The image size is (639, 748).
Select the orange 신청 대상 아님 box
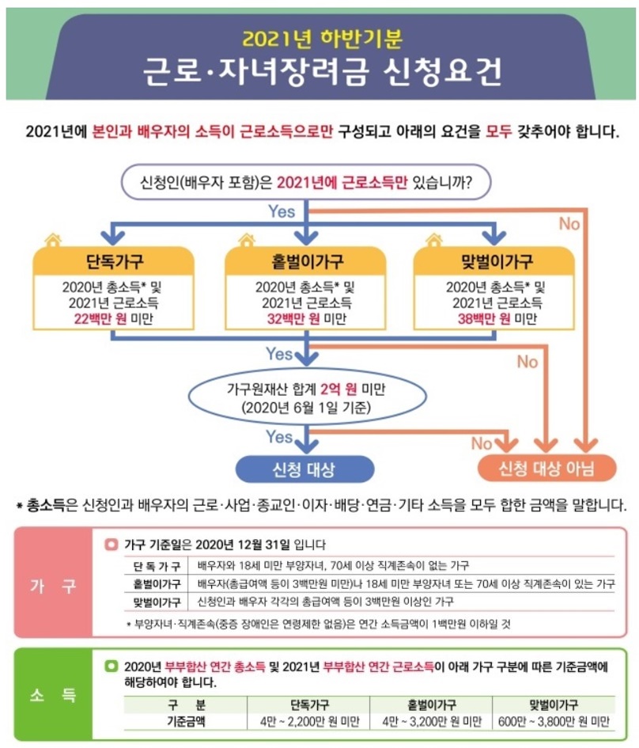coord(546,469)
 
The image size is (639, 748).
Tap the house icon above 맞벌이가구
coord(433,239)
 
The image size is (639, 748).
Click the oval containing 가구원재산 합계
coord(305,400)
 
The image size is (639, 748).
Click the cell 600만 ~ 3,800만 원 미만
coord(554,722)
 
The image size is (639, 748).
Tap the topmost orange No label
coord(569,224)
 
